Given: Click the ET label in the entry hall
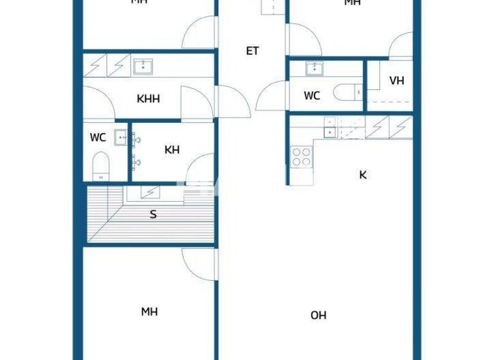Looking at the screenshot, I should [252, 51].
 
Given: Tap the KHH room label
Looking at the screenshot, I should [148, 99].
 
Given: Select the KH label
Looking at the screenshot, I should [172, 150].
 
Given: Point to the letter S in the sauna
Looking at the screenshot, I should [153, 215].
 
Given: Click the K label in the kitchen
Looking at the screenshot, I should [363, 175].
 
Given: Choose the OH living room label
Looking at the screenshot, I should [318, 315].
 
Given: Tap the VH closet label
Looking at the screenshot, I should [397, 81].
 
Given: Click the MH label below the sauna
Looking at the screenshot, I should [149, 312].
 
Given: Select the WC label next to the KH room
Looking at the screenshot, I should [98, 138].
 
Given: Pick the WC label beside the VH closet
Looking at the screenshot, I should [312, 96].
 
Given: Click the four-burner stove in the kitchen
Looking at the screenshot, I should [302, 157].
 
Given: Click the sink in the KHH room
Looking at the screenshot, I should [142, 66].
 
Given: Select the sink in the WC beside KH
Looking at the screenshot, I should [120, 136].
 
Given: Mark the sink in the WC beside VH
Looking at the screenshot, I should [315, 68].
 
